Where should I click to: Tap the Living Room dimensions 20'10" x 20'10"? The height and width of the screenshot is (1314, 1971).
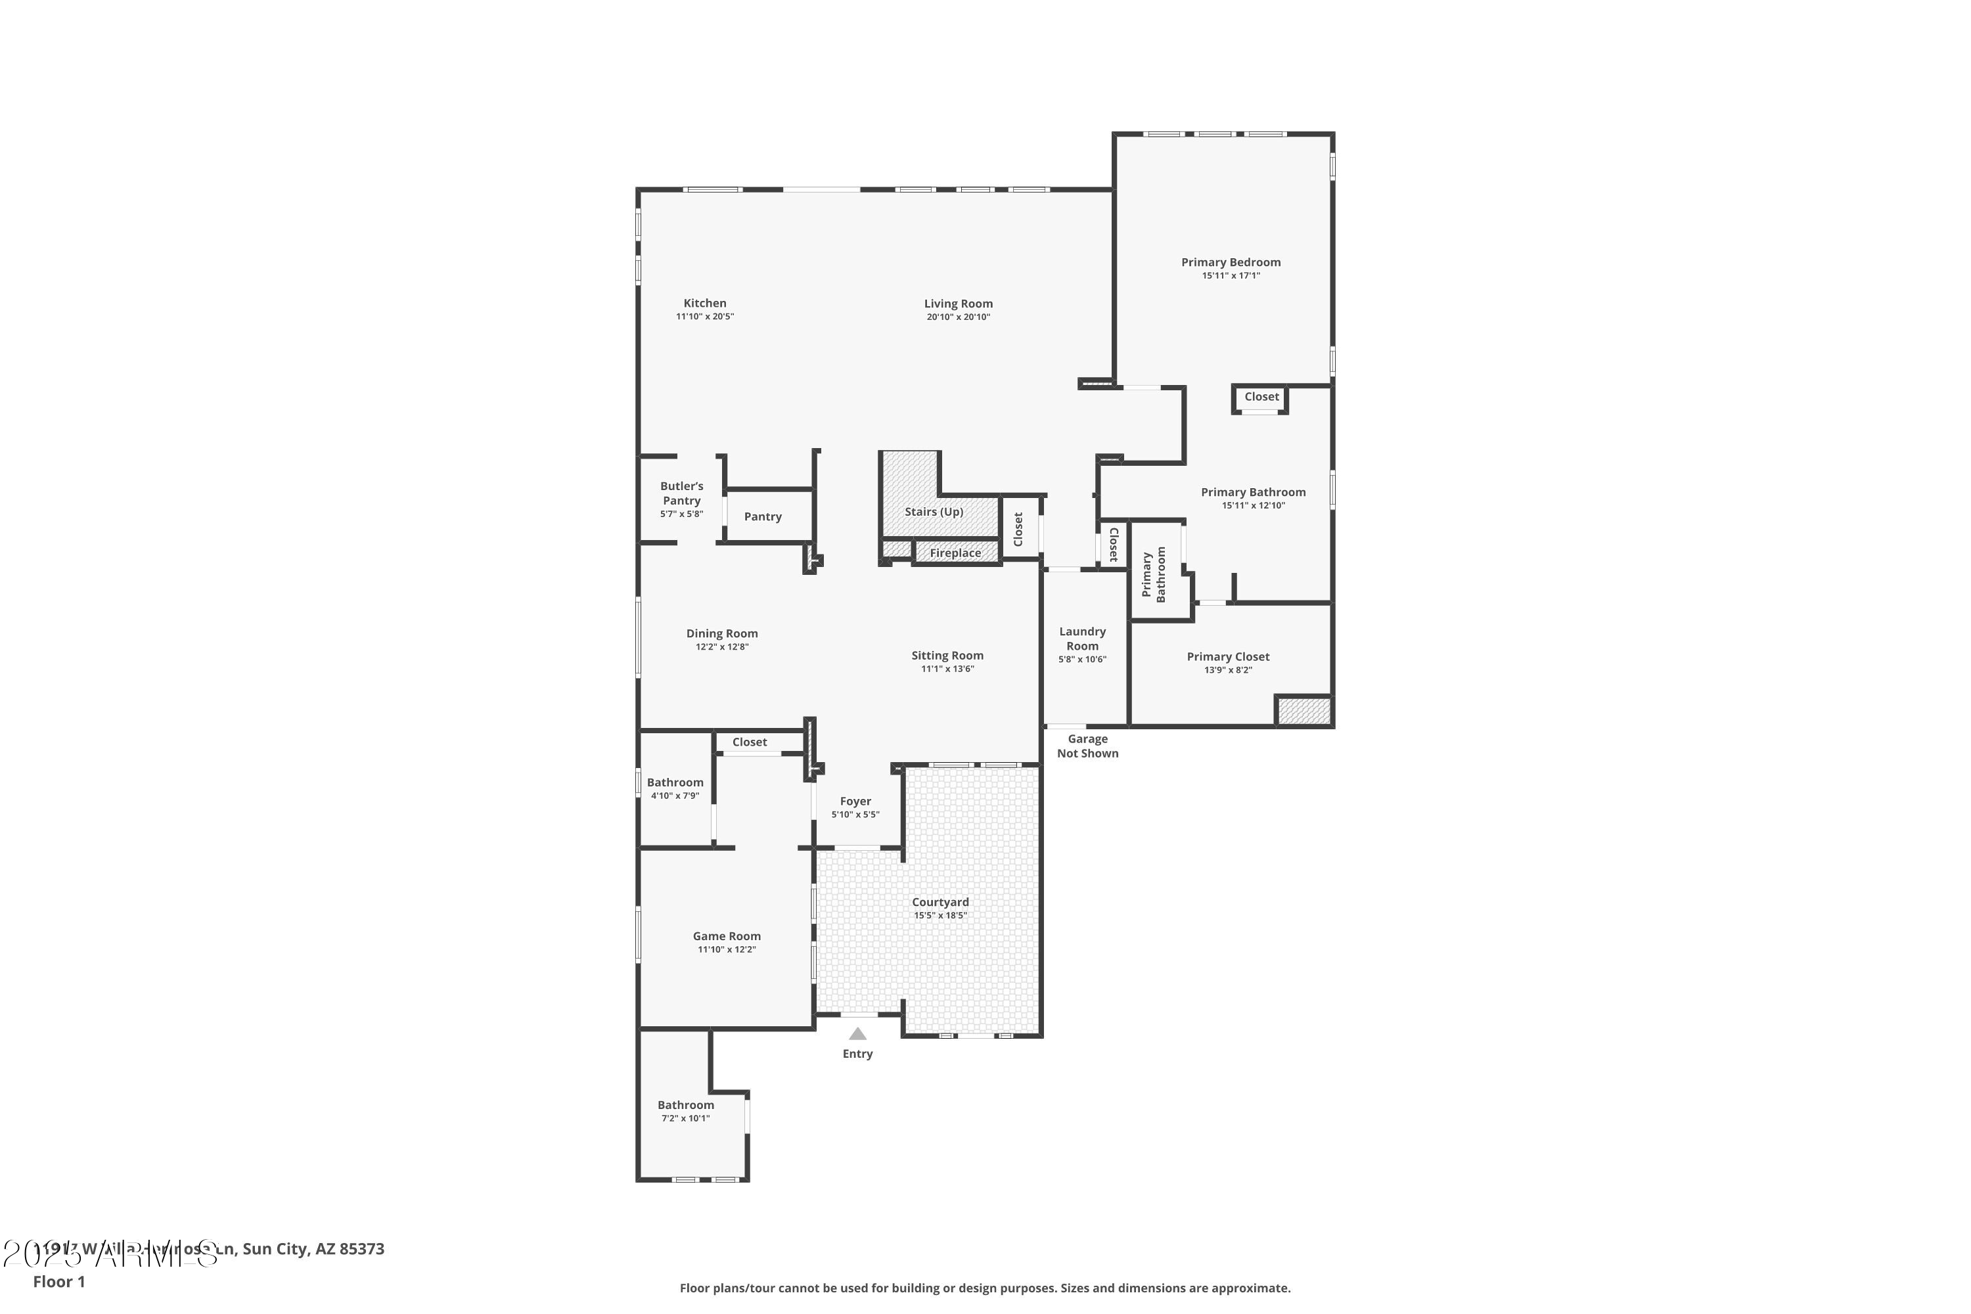pos(958,317)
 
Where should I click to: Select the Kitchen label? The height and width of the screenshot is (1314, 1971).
pos(705,304)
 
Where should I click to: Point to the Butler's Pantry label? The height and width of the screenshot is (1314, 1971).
pos(681,493)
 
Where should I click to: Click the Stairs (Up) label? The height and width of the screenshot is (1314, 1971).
pos(934,512)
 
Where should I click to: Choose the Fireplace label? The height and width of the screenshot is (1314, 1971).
pos(955,553)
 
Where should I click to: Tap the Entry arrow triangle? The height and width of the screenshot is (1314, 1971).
pos(857,1034)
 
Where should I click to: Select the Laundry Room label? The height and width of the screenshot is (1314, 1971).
pos(1082,639)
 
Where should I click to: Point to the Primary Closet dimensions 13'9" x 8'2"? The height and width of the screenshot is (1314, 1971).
pos(1228,670)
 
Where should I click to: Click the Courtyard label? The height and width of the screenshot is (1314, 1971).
pos(940,903)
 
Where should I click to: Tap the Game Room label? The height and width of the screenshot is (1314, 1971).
pos(727,936)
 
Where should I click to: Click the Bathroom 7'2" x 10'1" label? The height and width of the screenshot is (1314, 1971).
pos(685,1105)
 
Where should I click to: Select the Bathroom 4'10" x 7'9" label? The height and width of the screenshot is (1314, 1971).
pos(675,782)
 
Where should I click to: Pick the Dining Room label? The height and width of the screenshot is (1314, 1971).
pos(721,633)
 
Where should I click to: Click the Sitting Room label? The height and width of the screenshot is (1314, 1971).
pos(947,656)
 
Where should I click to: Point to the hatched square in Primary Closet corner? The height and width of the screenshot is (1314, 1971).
pos(1303,711)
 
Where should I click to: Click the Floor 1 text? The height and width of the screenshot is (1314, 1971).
pos(58,1281)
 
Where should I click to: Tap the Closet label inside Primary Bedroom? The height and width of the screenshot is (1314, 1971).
pos(1261,397)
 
